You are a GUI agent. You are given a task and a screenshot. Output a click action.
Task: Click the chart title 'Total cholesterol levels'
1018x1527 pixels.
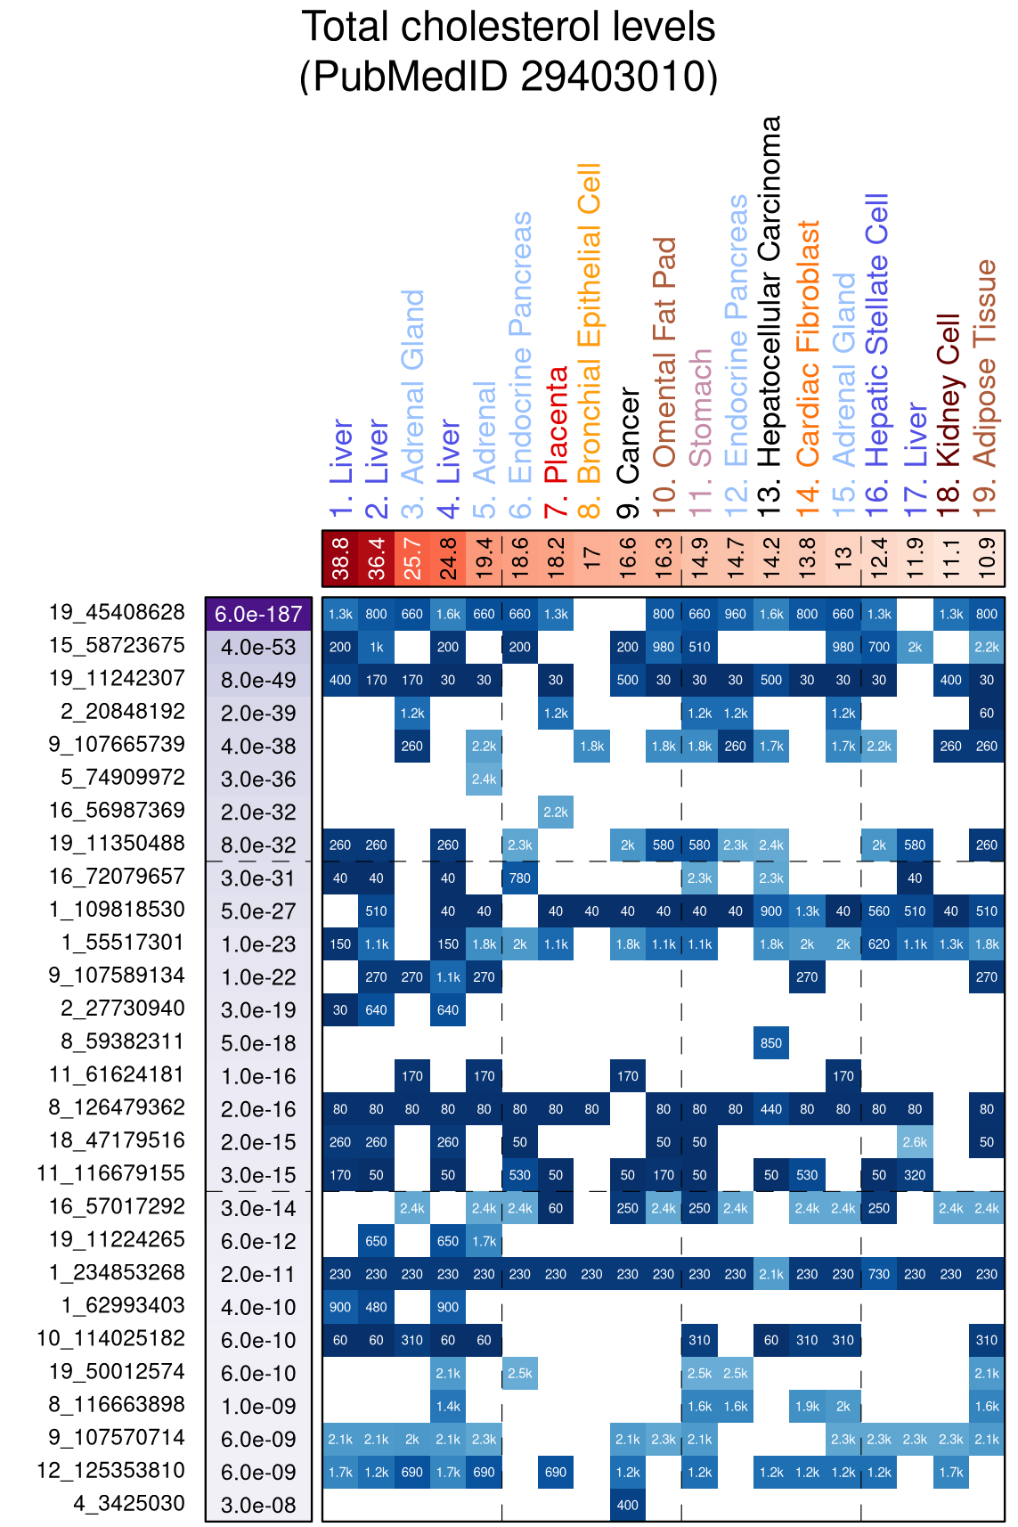(x=509, y=27)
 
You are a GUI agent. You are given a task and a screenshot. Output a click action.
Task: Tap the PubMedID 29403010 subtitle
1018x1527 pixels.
(x=509, y=77)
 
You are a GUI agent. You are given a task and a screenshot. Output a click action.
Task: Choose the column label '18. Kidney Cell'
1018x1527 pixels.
(x=949, y=389)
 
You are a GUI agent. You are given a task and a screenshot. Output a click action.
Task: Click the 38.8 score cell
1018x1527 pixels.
(x=340, y=559)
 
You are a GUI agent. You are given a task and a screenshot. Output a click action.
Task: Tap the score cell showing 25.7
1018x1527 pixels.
(x=412, y=559)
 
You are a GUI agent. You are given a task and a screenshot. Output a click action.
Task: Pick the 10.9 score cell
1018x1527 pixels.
(x=986, y=559)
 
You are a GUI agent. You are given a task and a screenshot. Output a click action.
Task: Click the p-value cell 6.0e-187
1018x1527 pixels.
(x=258, y=614)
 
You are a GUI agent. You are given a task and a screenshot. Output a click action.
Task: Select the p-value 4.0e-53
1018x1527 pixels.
(x=258, y=647)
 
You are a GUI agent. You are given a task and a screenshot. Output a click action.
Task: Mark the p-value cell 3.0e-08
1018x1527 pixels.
(x=258, y=1505)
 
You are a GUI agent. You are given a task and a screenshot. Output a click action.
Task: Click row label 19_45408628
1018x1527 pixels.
(x=117, y=613)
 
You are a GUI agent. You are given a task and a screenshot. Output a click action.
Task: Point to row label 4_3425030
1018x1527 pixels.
(x=129, y=1504)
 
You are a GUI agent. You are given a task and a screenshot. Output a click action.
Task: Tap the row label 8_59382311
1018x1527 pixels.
(x=123, y=1041)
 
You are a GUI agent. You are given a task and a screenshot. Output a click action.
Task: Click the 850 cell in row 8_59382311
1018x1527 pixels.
(x=771, y=1043)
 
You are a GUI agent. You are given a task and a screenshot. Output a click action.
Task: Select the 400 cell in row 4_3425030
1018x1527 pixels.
(x=628, y=1505)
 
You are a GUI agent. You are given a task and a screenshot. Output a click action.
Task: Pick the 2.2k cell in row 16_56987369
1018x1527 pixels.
(x=556, y=812)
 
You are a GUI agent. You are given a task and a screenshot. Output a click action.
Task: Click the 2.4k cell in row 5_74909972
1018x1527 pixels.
(x=484, y=779)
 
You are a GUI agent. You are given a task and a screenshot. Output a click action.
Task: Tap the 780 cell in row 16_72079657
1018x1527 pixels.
(x=520, y=878)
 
